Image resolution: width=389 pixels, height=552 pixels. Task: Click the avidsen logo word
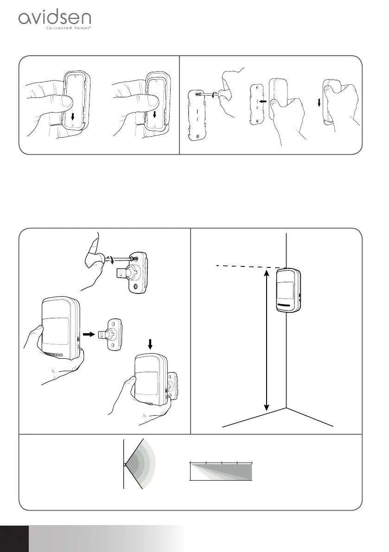54,19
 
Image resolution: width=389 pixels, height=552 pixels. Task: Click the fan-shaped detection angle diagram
139,463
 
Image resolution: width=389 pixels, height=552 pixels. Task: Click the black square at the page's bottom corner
14,538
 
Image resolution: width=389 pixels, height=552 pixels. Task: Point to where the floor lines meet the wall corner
287,409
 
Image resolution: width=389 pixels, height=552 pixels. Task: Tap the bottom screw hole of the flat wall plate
198,137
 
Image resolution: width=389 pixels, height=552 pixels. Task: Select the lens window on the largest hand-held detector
55,330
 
